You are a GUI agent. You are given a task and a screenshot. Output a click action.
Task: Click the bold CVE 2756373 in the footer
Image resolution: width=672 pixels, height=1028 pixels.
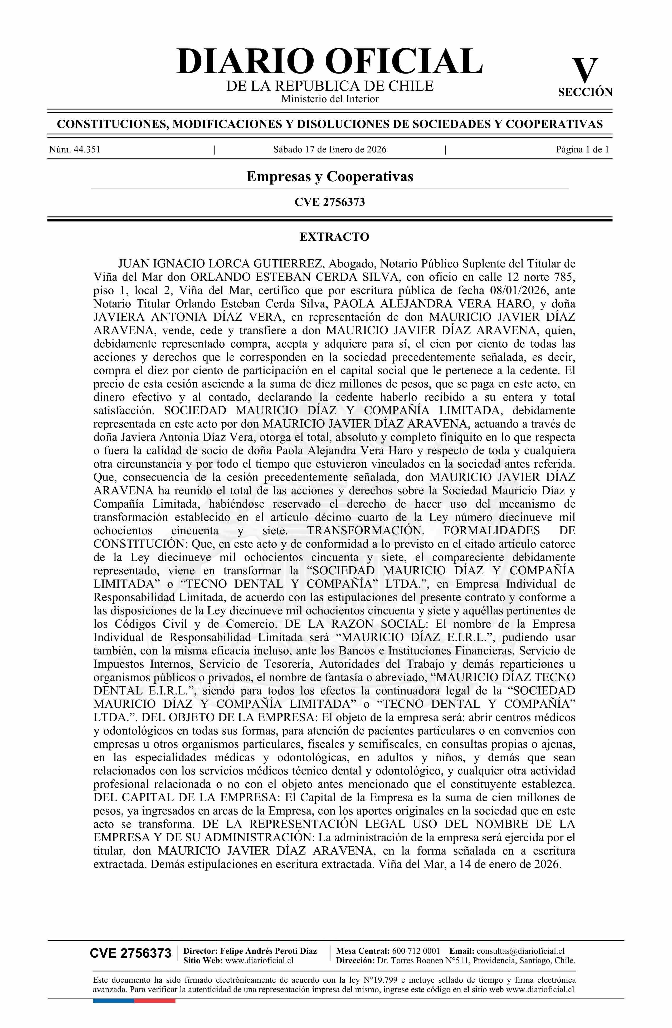click(x=130, y=953)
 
